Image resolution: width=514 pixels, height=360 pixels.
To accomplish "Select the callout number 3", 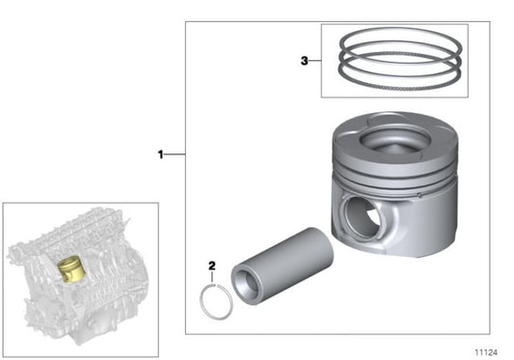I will coord(304,60).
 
